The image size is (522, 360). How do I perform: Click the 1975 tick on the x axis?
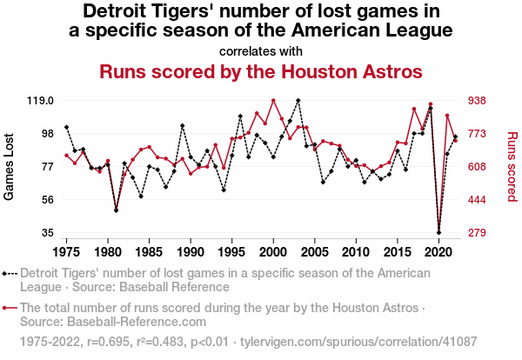click(66, 252)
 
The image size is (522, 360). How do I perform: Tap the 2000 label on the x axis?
click(273, 252)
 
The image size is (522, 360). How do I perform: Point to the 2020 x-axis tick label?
click(438, 252)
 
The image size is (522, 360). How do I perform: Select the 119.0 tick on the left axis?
click(41, 101)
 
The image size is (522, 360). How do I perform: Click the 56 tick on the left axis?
click(48, 200)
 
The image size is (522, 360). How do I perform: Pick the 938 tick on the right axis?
click(480, 101)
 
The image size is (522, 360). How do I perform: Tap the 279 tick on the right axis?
click(480, 233)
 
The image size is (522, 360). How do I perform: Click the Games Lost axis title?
click(10, 167)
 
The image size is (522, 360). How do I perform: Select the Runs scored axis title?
click(512, 167)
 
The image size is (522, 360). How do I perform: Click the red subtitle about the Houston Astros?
click(261, 70)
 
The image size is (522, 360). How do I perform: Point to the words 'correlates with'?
click(261, 50)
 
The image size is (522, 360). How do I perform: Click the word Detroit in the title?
click(116, 11)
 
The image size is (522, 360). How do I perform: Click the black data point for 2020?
click(438, 233)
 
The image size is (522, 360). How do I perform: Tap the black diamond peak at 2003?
click(298, 101)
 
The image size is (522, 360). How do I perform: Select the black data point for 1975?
click(66, 128)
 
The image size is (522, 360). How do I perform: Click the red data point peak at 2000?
click(273, 101)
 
